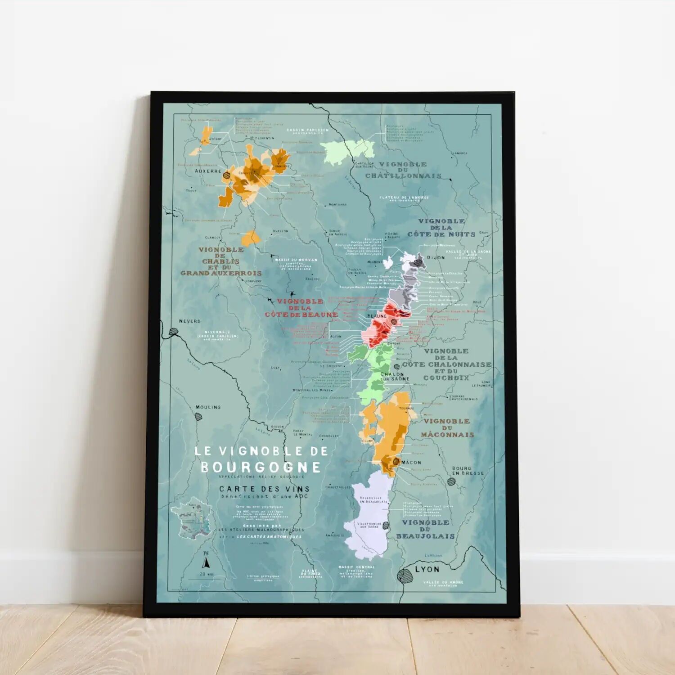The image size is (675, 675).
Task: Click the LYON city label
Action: click(x=427, y=569)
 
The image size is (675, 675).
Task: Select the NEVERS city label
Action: click(x=189, y=321)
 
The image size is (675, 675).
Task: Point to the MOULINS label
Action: click(x=208, y=407)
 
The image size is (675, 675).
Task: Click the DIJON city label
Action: click(x=436, y=258)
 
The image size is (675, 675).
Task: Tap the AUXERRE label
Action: click(x=208, y=171)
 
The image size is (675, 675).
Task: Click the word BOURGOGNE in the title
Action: click(x=261, y=467)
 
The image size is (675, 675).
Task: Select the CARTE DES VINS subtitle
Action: click(x=264, y=489)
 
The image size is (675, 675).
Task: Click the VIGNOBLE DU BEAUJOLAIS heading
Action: click(x=426, y=529)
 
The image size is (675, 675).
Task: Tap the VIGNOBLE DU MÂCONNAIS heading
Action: click(x=447, y=428)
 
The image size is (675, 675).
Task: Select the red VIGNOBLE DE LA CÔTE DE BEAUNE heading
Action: click(x=301, y=308)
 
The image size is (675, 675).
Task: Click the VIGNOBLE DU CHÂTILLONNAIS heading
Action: click(x=403, y=170)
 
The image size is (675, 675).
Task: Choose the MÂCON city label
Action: click(x=411, y=462)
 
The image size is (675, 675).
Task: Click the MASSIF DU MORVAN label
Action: click(x=296, y=260)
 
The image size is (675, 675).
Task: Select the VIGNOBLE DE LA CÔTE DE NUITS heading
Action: click(x=441, y=228)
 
